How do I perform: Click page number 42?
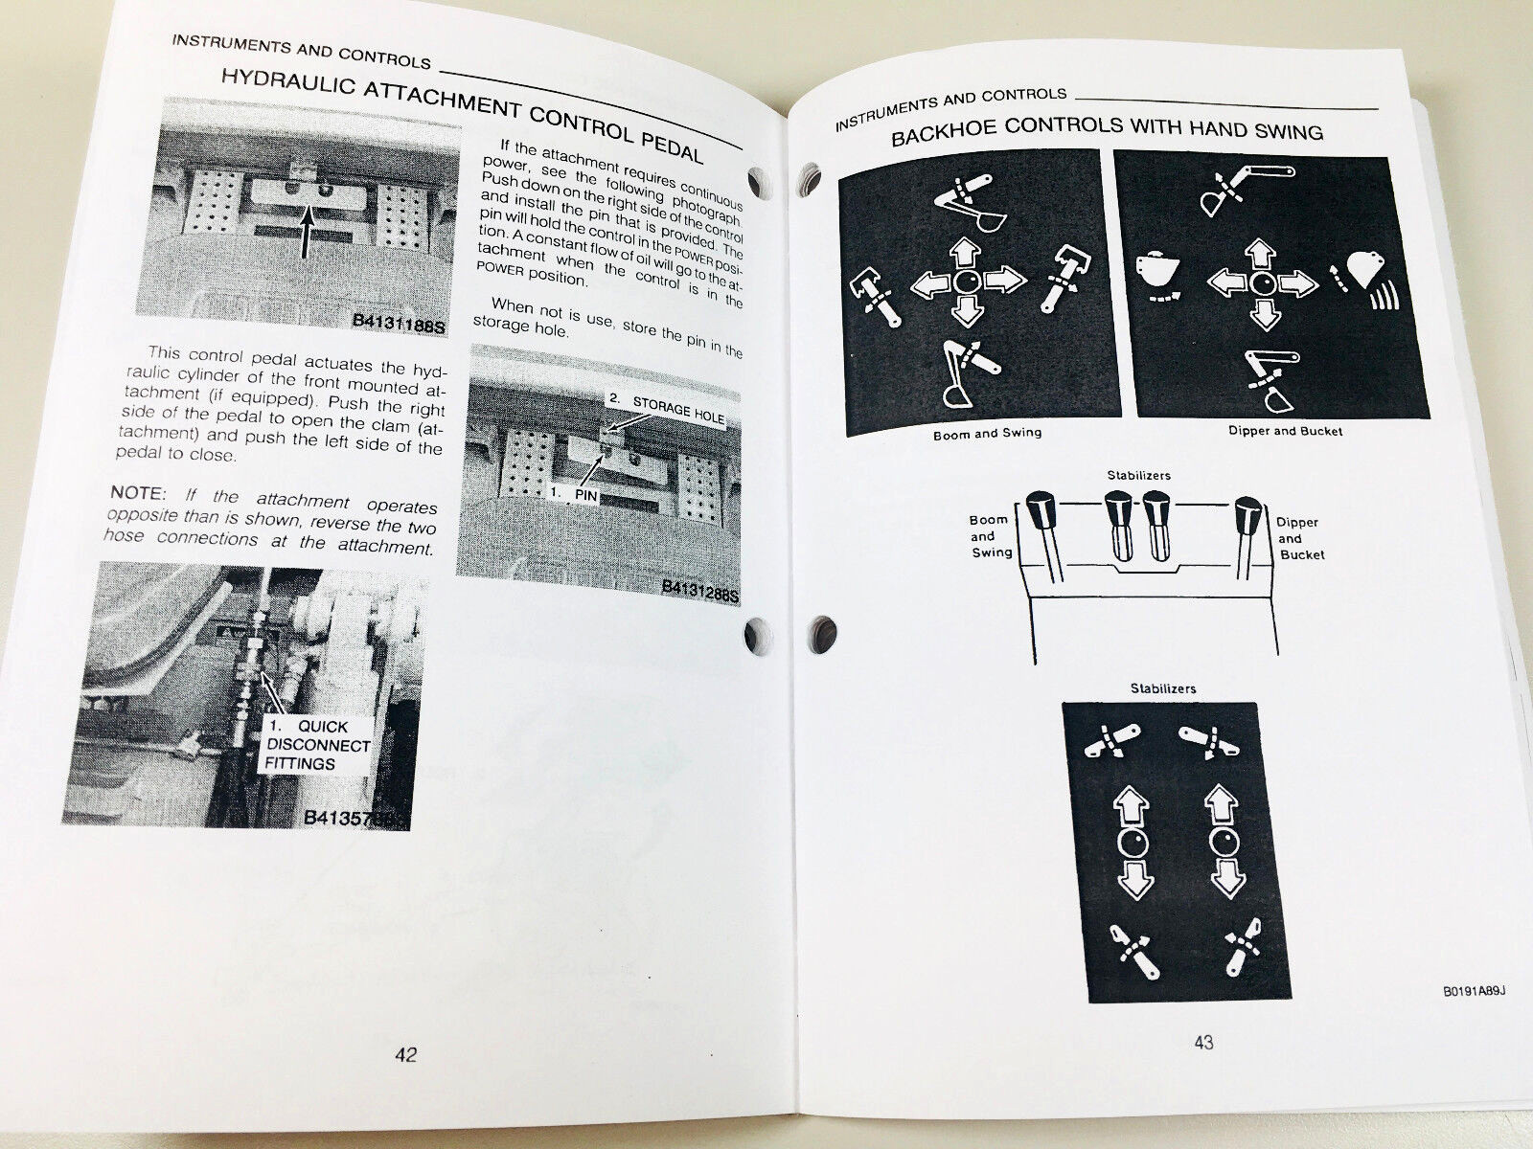click(x=406, y=1054)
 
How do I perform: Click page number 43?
click(x=1203, y=1043)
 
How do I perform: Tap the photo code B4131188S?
click(x=399, y=323)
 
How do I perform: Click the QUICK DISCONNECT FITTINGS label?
click(x=318, y=745)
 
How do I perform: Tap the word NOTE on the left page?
click(x=135, y=492)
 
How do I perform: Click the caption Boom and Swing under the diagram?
click(x=987, y=434)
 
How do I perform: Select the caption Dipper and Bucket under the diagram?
click(x=1285, y=431)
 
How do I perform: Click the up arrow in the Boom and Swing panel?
click(x=968, y=254)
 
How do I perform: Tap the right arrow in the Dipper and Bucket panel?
click(x=1299, y=282)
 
